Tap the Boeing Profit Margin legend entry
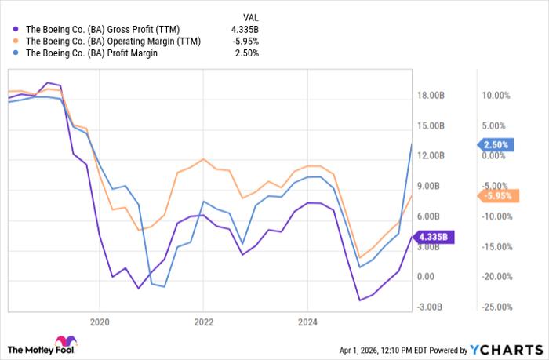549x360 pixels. (93, 53)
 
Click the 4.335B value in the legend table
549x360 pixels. (244, 28)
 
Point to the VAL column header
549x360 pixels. (249, 15)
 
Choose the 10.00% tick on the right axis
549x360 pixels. (496, 96)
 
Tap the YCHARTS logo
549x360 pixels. (507, 349)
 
